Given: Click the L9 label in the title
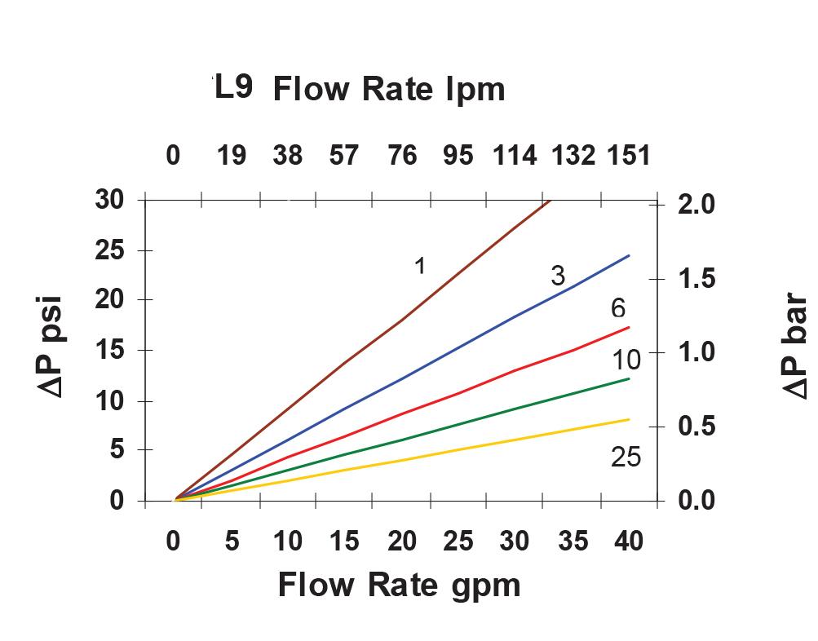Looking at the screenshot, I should (x=234, y=87).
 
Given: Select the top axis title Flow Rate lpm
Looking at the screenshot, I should (x=389, y=89).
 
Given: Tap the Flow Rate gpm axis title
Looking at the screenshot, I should (x=399, y=585).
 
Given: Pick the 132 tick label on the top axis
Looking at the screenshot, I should (x=573, y=155).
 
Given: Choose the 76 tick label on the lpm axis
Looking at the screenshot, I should (x=402, y=155).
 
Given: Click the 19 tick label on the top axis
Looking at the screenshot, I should (x=232, y=155).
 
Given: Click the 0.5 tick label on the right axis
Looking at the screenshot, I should (x=696, y=427).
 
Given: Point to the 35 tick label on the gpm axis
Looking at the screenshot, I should (x=574, y=541).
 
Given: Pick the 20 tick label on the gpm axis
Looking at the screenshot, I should (x=402, y=541).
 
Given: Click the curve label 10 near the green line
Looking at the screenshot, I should (x=626, y=359).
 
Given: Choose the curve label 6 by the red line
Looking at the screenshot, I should (x=618, y=308).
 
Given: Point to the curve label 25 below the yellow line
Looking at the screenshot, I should (x=626, y=458).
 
